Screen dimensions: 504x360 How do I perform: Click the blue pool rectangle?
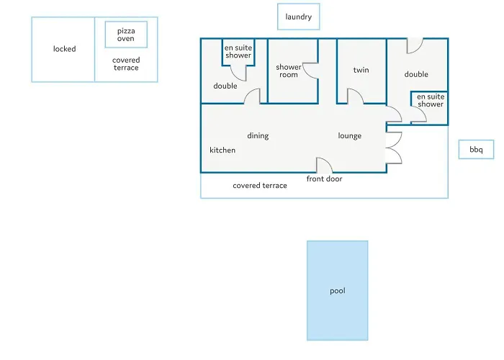pyautogui.click(x=338, y=291)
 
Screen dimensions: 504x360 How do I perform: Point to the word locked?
pyautogui.click(x=65, y=49)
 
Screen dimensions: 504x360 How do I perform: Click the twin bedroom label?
pyautogui.click(x=361, y=70)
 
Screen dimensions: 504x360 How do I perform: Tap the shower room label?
pyautogui.click(x=288, y=71)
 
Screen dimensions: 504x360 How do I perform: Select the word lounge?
pyautogui.click(x=350, y=136)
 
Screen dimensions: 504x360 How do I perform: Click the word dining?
pyautogui.click(x=258, y=136)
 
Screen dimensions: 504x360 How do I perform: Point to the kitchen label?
pyautogui.click(x=222, y=150)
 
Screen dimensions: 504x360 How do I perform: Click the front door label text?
pyautogui.click(x=324, y=179)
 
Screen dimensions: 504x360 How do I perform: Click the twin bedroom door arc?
pyautogui.click(x=359, y=93)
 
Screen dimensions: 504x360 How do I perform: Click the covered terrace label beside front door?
pyautogui.click(x=260, y=186)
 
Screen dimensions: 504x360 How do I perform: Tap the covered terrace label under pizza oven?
pyautogui.click(x=126, y=63)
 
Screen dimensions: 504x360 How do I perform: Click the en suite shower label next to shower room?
pyautogui.click(x=238, y=51)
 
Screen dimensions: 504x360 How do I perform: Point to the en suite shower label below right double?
pyautogui.click(x=431, y=100)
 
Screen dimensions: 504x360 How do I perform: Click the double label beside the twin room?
pyautogui.click(x=416, y=74)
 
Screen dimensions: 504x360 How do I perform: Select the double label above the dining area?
pyautogui.click(x=225, y=86)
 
